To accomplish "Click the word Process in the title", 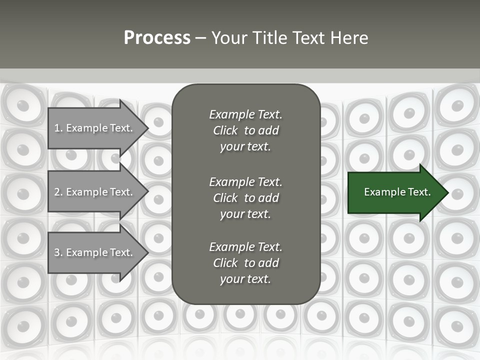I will coord(157,38).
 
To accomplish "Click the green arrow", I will coord(395,192).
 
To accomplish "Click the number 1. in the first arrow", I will coord(58,128).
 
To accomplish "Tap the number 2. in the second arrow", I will coord(58,192).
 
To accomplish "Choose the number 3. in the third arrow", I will coord(58,252).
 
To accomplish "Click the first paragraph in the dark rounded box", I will coord(245,130).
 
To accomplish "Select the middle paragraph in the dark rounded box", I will coord(245,198).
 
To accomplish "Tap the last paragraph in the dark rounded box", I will coord(245,263).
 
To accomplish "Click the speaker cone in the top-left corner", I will coord(23,105).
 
